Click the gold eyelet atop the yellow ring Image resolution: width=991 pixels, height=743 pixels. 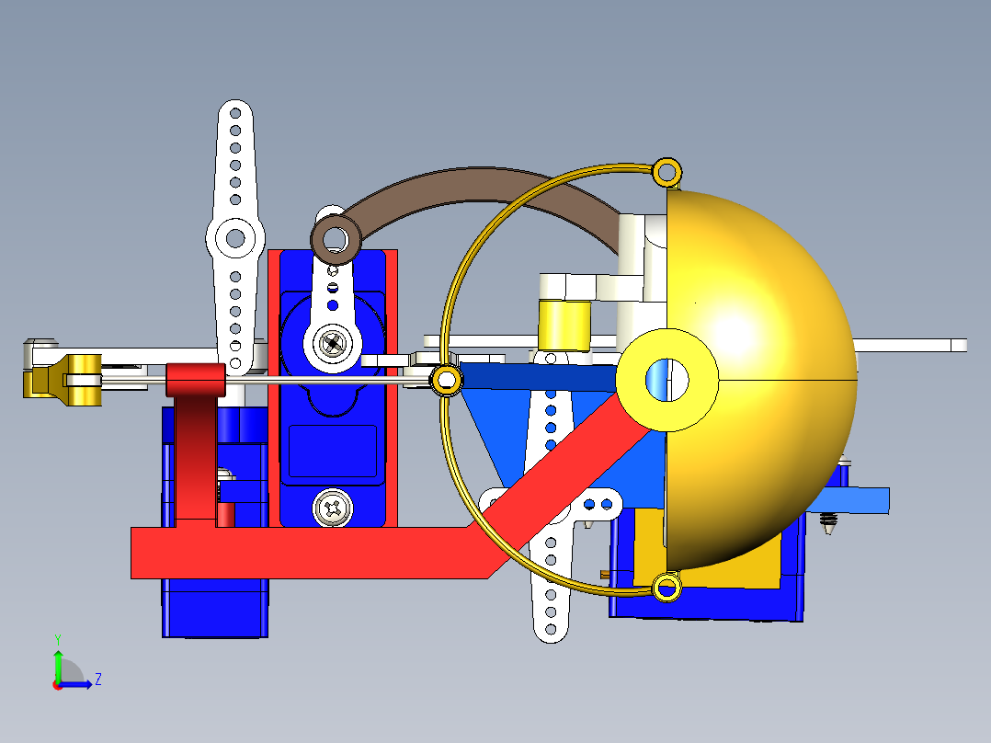[666, 170]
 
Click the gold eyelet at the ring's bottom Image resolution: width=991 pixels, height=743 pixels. [666, 586]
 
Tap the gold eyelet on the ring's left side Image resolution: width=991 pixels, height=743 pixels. [447, 379]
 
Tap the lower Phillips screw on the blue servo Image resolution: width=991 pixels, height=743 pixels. [332, 507]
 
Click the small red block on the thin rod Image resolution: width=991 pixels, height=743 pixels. [195, 379]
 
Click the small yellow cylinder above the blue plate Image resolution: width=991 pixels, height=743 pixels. [564, 325]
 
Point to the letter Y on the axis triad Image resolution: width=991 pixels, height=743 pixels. [57, 638]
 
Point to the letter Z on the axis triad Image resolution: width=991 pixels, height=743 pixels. [97, 680]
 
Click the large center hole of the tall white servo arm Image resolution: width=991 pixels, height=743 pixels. [235, 239]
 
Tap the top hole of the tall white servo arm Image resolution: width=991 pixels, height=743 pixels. [235, 111]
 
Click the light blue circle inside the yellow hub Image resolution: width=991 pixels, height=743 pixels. [665, 379]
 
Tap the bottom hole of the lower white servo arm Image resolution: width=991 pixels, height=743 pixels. [550, 630]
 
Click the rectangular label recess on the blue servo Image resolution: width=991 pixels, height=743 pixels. [332, 451]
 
